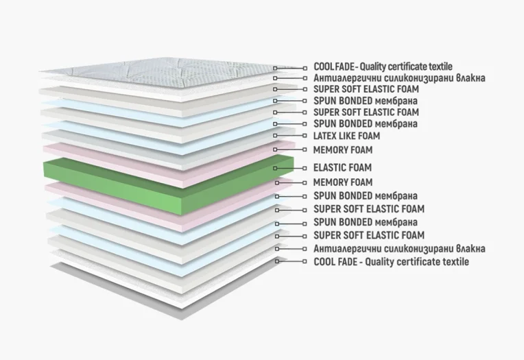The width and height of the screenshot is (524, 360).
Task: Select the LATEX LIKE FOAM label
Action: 346,136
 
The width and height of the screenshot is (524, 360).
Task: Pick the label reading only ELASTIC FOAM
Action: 342,167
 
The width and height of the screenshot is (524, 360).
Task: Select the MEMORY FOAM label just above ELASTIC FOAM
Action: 343,150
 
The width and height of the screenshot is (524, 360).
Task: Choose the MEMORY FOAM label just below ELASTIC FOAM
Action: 343,182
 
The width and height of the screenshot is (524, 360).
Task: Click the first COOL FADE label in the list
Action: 383,67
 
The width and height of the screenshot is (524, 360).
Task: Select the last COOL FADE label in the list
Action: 392,262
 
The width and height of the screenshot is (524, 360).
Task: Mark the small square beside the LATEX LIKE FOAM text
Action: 305,136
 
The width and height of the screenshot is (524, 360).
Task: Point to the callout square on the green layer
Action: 275,168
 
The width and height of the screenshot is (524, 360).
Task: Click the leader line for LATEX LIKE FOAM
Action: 289,136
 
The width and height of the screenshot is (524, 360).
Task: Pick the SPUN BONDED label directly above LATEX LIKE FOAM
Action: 366,123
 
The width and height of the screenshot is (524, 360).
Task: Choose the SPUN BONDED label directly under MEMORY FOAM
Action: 366,196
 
